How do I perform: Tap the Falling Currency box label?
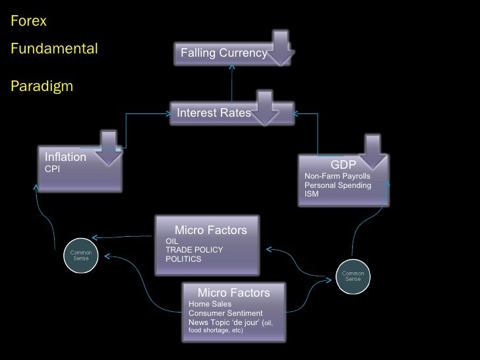tap(224, 53)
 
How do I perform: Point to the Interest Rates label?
tap(214, 113)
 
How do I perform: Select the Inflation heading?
tap(65, 158)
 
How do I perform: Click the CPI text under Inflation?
tap(52, 169)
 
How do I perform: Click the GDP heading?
tap(343, 164)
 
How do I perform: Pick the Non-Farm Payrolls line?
tap(337, 177)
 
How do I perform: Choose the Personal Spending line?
tap(338, 186)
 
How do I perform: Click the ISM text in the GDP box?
tap(311, 195)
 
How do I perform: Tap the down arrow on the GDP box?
tap(372, 152)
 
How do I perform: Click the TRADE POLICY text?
tap(194, 250)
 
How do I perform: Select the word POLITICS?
tap(183, 259)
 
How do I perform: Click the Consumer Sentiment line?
tap(225, 313)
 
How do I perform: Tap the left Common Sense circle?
tap(81, 255)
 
